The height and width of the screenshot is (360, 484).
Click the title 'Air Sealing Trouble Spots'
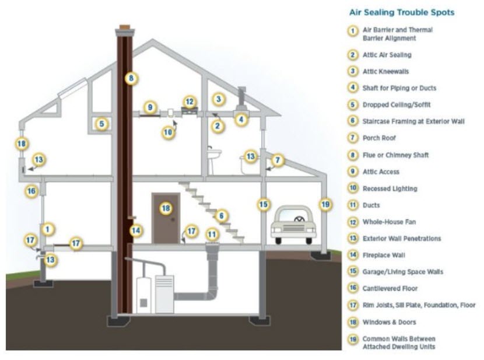(402, 12)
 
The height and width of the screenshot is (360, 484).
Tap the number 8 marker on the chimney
(131, 78)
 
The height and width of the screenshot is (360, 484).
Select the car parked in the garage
(293, 225)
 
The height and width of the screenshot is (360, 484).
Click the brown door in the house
(166, 218)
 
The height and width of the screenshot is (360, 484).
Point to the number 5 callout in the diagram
(101, 124)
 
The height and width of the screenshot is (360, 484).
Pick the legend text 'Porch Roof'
(379, 138)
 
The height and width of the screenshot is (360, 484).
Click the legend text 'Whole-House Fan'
(389, 222)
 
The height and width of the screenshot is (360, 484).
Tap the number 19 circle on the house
(325, 204)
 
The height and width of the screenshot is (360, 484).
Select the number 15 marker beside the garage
(264, 204)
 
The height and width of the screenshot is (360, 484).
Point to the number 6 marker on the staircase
(222, 215)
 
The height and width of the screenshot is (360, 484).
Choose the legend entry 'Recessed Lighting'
(390, 188)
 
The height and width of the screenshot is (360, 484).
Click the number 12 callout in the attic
(190, 102)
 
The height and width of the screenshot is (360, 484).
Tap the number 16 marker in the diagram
(31, 191)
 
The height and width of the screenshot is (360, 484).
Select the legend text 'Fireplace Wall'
(384, 255)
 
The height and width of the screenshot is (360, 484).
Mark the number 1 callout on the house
(47, 229)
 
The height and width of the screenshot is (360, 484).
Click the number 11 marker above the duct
(212, 235)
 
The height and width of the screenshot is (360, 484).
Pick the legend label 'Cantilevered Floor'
(390, 288)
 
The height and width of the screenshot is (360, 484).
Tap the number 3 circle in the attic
(219, 99)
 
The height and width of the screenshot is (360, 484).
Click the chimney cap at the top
(125, 30)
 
